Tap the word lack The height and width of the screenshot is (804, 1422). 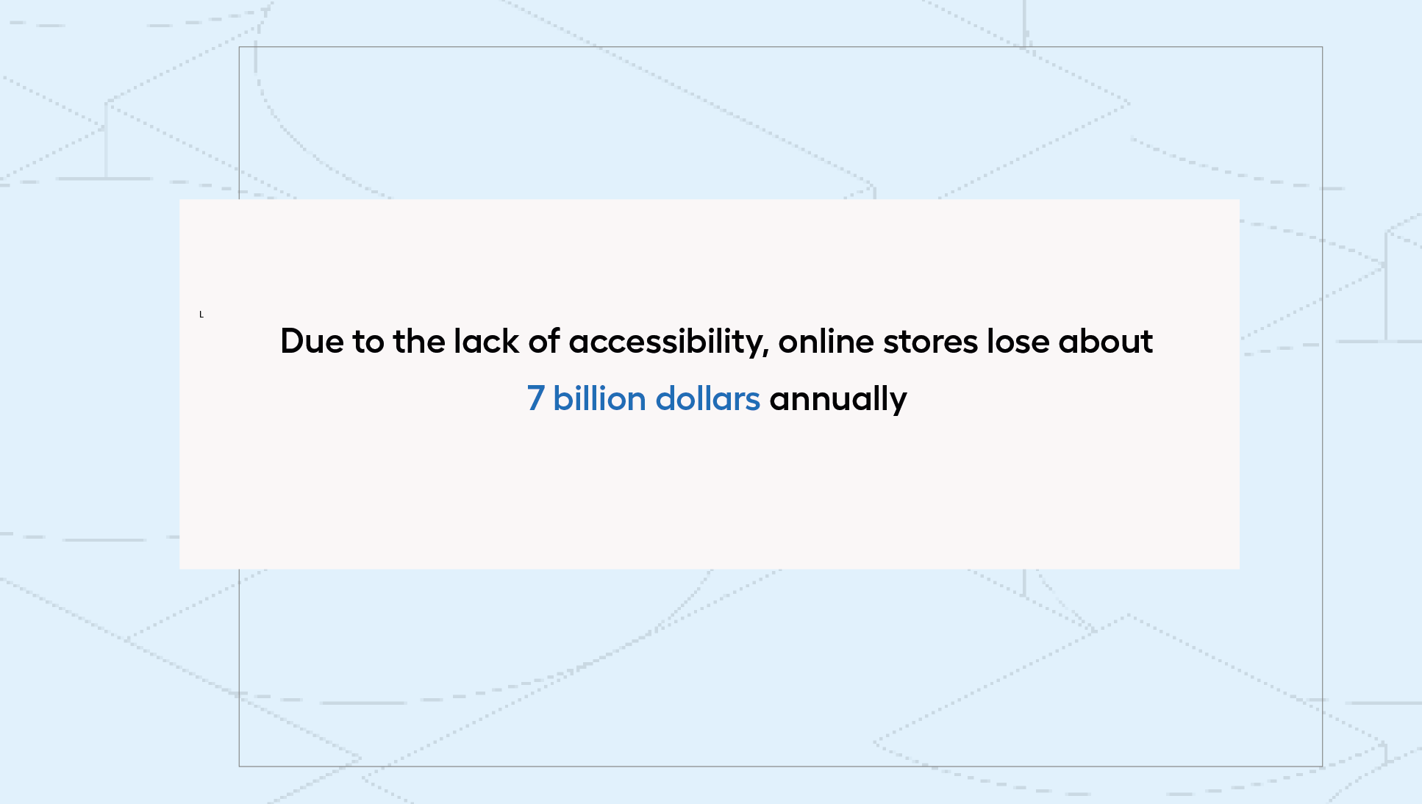click(x=486, y=341)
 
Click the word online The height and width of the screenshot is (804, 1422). click(x=826, y=341)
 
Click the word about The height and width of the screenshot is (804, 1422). click(x=1105, y=341)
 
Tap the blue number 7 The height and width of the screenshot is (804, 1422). click(x=535, y=398)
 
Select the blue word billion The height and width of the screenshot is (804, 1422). click(x=599, y=398)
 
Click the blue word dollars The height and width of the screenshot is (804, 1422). click(x=707, y=398)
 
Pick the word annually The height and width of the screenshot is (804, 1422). click(x=838, y=401)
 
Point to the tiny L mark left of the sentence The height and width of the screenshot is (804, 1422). click(x=201, y=315)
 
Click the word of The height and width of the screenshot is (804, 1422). click(x=543, y=341)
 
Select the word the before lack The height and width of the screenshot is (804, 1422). click(x=418, y=341)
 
